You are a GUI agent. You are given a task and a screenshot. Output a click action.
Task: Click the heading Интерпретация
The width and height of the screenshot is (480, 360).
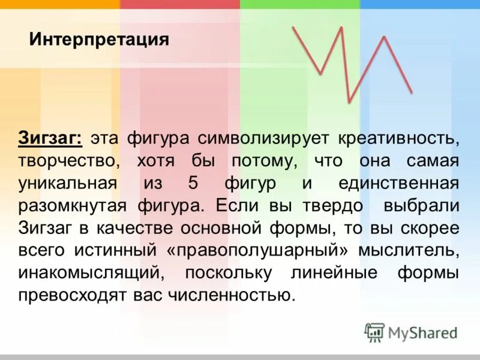coord(99,41)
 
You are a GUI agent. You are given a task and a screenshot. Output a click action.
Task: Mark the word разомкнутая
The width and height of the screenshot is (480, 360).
coord(70,206)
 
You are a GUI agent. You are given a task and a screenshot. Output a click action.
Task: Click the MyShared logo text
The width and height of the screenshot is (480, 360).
coord(422,332)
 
